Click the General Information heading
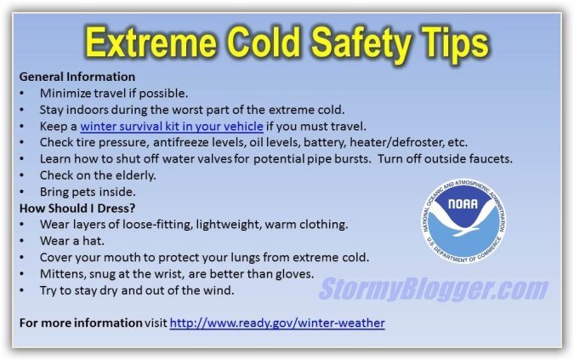(x=77, y=77)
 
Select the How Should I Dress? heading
(x=77, y=208)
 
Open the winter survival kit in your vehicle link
(x=172, y=126)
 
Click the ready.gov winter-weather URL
(x=277, y=323)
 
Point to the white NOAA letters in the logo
(x=463, y=203)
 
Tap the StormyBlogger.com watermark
(x=433, y=289)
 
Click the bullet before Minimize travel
(x=22, y=94)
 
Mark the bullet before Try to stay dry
(x=22, y=291)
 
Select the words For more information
(x=81, y=323)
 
